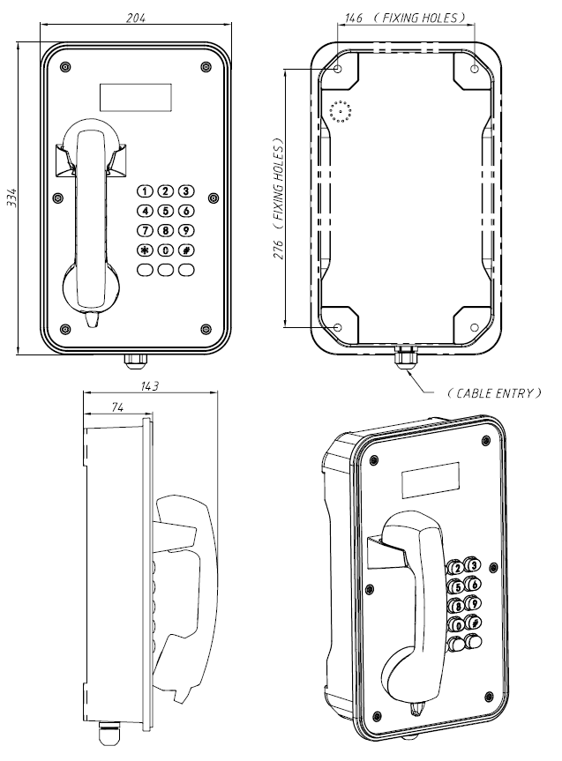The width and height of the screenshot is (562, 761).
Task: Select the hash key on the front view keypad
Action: coord(185,250)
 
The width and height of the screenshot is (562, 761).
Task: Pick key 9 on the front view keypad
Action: coord(185,231)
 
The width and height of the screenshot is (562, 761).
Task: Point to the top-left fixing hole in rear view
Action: coord(340,68)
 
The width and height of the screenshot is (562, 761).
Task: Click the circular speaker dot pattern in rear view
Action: coord(341,112)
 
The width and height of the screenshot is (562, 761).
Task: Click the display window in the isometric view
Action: coord(431,480)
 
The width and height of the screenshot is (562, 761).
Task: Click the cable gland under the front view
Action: coord(135,359)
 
